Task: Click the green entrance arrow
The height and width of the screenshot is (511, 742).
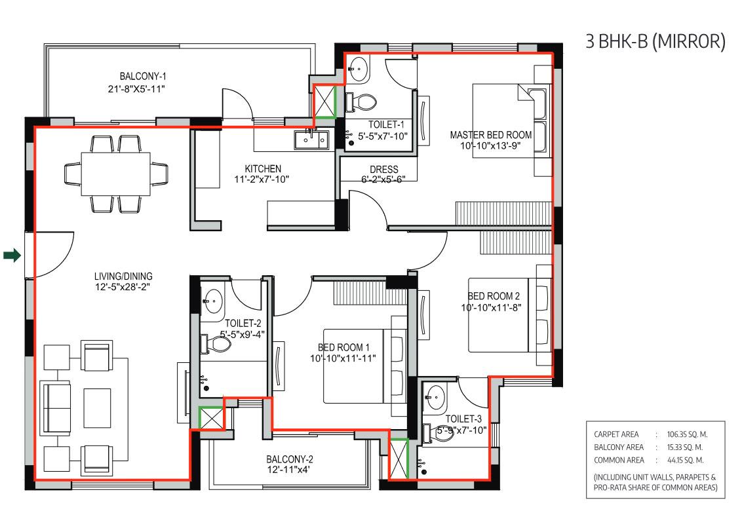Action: coord(12,255)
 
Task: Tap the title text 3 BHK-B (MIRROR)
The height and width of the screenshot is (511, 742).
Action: coord(655,41)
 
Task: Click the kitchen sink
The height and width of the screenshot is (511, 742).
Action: coord(311,140)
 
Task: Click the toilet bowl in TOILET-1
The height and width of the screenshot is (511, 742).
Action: coord(364,102)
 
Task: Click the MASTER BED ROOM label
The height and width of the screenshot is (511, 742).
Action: coord(490,135)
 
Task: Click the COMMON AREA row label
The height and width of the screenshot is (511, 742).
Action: coord(615,459)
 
